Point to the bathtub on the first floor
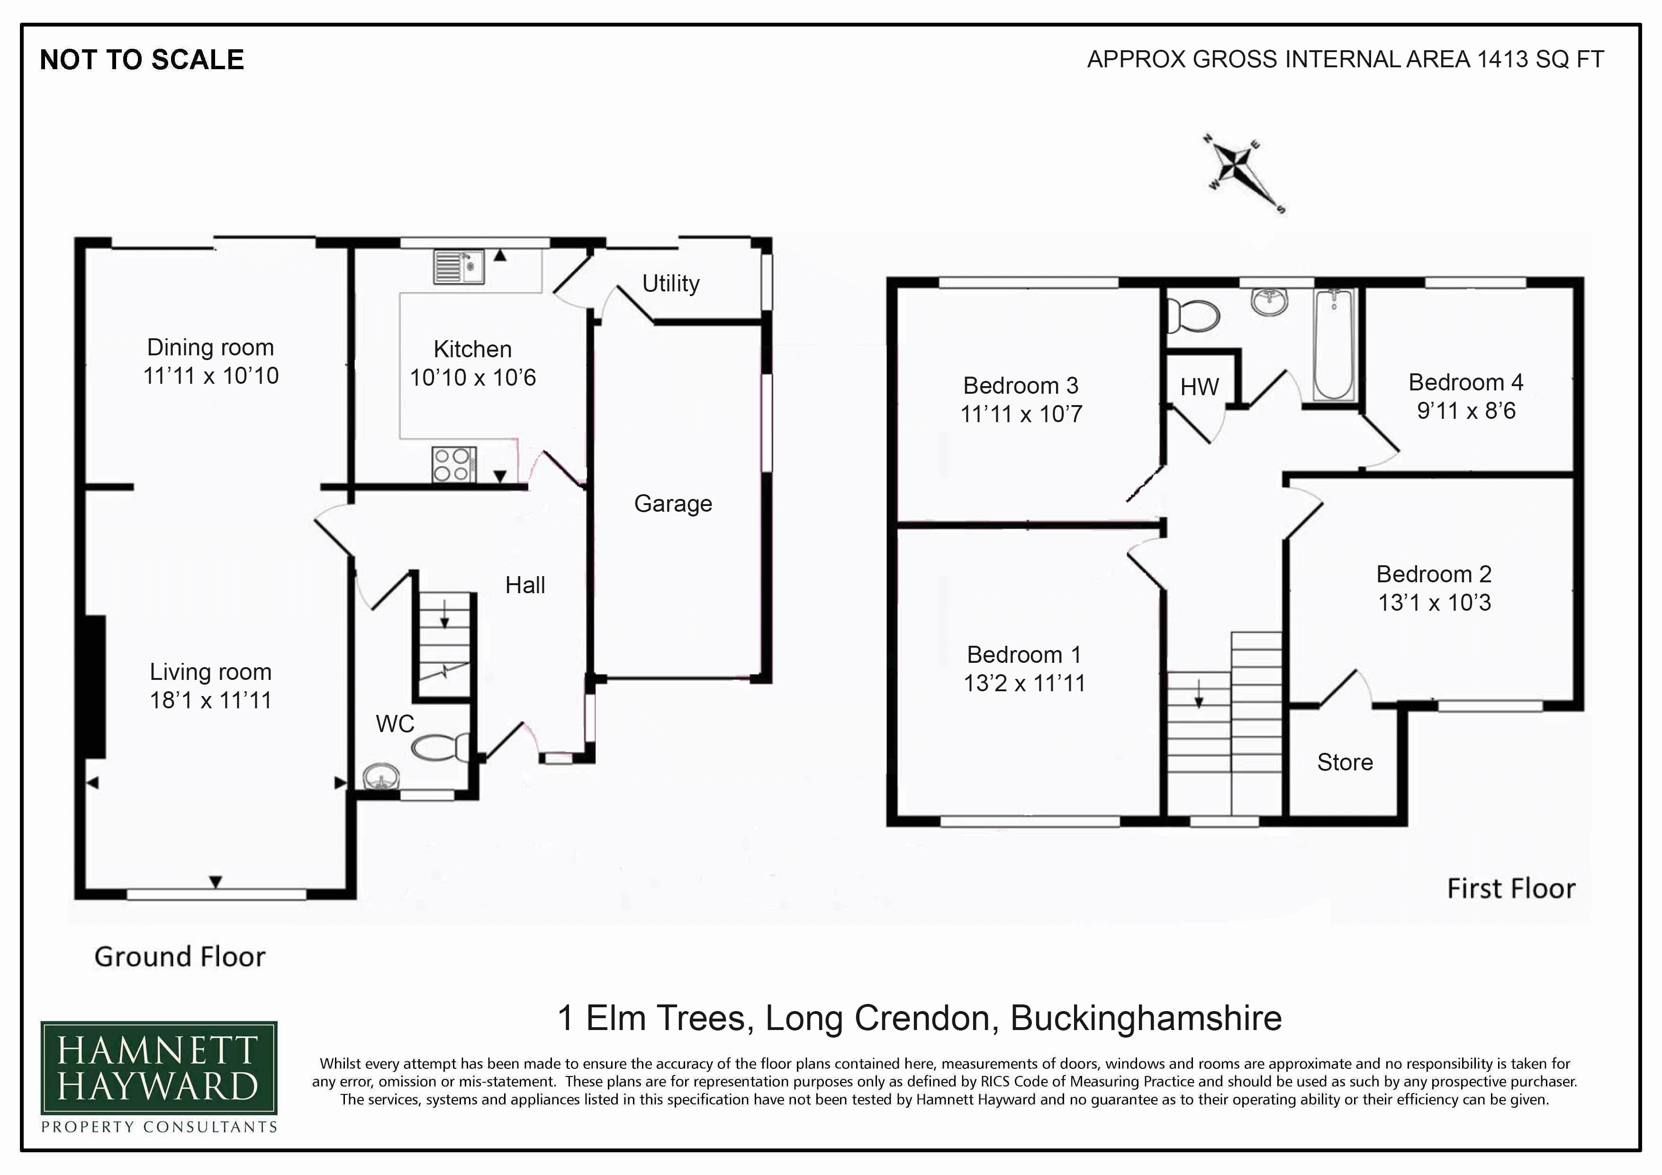click(1334, 344)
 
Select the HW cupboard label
click(1200, 387)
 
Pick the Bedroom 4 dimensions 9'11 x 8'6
click(1466, 410)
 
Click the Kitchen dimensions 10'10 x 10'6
click(473, 377)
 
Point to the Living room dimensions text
click(211, 700)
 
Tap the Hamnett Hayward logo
click(159, 1076)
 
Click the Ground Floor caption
click(180, 957)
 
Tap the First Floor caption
click(1511, 888)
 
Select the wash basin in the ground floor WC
click(381, 777)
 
